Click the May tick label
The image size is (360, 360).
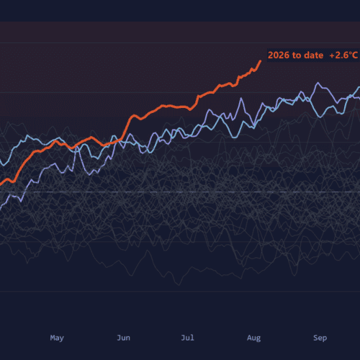click(57, 338)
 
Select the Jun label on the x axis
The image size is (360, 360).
click(123, 338)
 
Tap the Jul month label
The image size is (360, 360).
click(187, 338)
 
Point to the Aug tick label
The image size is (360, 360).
click(254, 338)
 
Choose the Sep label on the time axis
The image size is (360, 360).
click(320, 338)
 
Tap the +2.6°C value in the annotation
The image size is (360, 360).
click(343, 55)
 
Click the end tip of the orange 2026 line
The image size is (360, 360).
click(261, 60)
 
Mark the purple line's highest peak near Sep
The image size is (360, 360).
click(318, 83)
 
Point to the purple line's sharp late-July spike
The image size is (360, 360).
click(240, 98)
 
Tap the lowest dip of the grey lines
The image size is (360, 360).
click(179, 285)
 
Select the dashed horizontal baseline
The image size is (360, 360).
click(180, 192)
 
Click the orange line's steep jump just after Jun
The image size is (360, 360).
click(126, 127)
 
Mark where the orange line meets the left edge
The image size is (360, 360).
click(1, 184)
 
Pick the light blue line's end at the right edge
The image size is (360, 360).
click(359, 87)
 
